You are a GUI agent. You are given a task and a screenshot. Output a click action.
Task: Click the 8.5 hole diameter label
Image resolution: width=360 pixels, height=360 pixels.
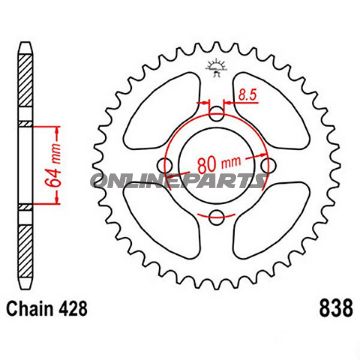click(245, 95)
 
